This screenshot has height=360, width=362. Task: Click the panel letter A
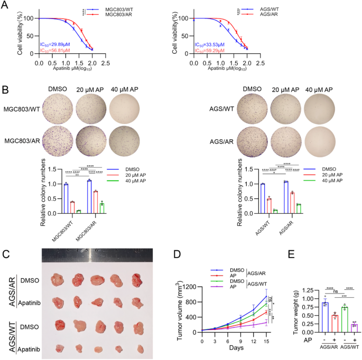(5, 6)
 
